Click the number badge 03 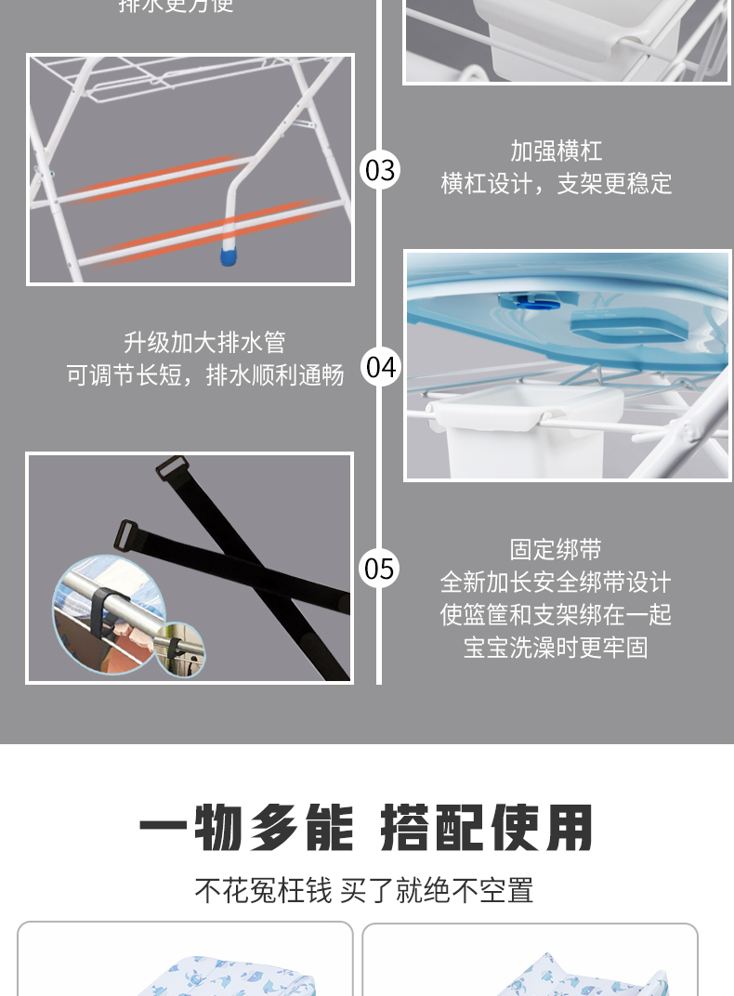[379, 170]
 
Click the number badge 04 [380, 367]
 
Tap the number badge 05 [379, 568]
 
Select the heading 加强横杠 [556, 151]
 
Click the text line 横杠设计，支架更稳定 [556, 183]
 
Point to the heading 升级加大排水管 [204, 342]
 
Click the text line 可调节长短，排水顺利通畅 [204, 374]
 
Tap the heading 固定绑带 [556, 550]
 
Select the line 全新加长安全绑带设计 [556, 583]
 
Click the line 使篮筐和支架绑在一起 [556, 615]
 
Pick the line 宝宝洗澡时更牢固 [556, 648]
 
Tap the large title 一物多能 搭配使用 [366, 828]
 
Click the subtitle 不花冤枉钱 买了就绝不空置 [364, 890]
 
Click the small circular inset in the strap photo [179, 649]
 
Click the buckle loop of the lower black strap [127, 534]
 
